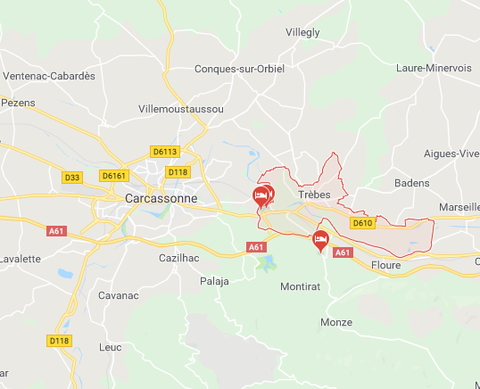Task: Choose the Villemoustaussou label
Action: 181,108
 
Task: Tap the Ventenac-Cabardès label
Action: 49,76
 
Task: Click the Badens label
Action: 411,183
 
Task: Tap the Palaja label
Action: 214,281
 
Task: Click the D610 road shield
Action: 361,223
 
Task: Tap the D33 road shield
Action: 72,178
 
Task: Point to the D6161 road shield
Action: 114,176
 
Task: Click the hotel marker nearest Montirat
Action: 319,238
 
